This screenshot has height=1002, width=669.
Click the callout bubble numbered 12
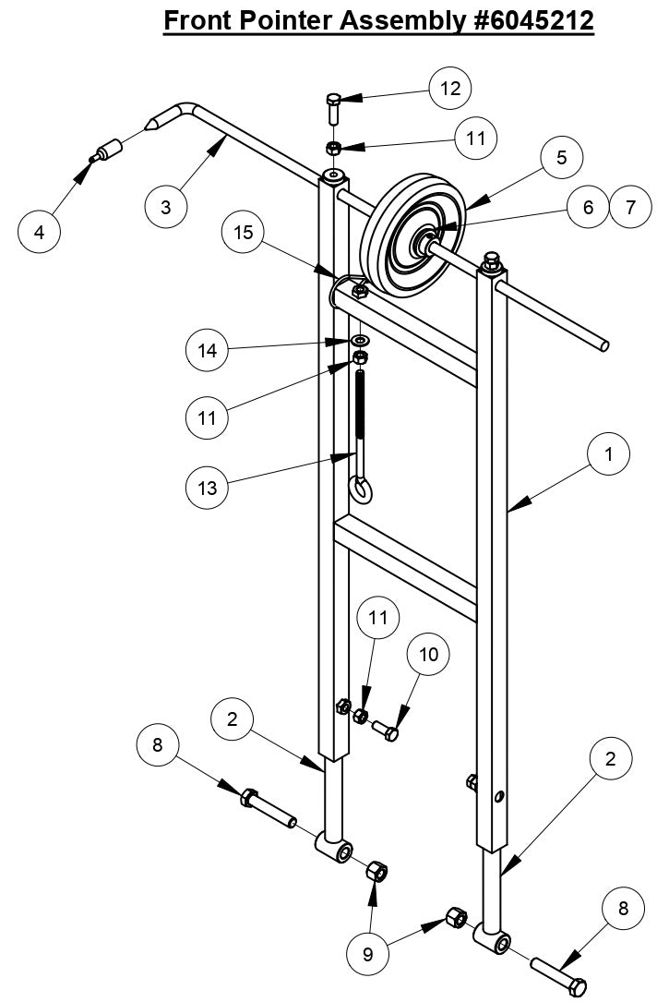pos(449,89)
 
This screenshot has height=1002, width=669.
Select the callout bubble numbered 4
pos(40,232)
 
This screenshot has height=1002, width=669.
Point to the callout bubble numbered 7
pos(631,207)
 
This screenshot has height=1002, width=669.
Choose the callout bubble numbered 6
pos(588,207)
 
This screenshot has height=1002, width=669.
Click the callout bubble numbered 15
pos(244,233)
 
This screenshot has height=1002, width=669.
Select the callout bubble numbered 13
pos(208,487)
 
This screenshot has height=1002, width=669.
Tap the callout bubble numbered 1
pos(610,453)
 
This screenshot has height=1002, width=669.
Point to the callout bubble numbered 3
pos(166,207)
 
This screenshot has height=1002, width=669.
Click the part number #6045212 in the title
pos(508,20)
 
